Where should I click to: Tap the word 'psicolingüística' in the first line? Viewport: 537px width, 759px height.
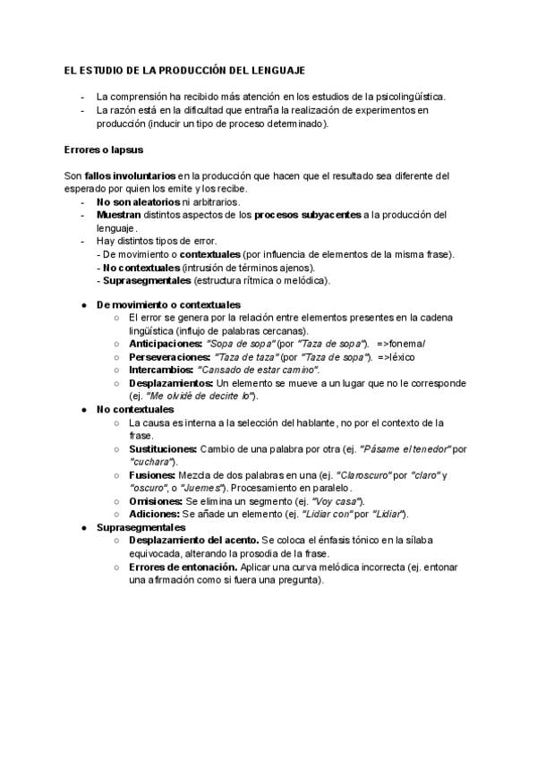pyautogui.click(x=406, y=96)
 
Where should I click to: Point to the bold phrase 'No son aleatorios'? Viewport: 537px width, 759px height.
pyautogui.click(x=132, y=202)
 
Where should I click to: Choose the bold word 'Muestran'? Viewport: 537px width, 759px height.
pyautogui.click(x=118, y=215)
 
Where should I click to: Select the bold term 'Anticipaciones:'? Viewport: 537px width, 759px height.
pyautogui.click(x=166, y=344)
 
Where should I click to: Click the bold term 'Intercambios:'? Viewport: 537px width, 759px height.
pyautogui.click(x=161, y=370)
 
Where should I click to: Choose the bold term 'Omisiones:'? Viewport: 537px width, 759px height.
pyautogui.click(x=156, y=501)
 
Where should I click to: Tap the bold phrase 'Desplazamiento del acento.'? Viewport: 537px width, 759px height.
pyautogui.click(x=193, y=541)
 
